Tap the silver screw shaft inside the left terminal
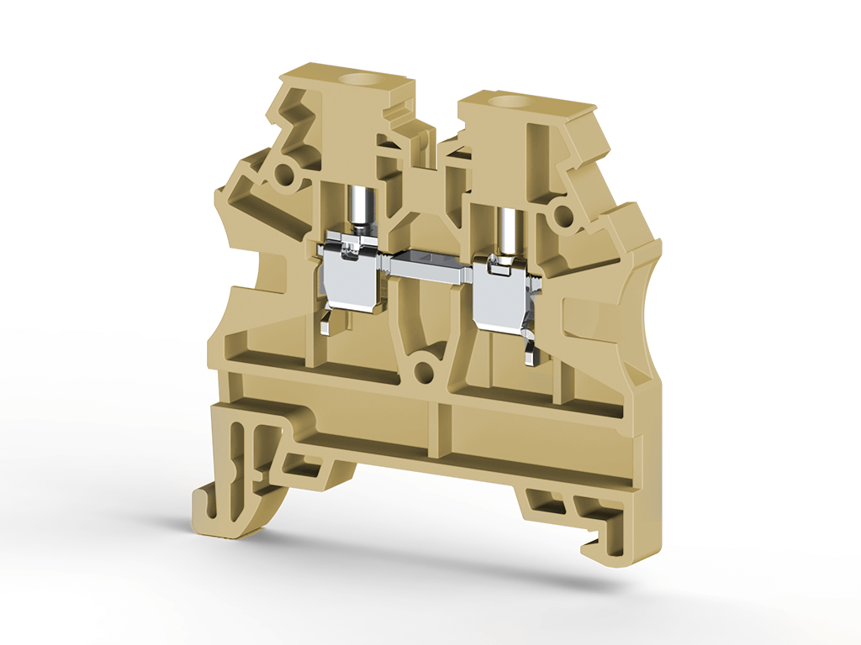point(359,209)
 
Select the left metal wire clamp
point(352,277)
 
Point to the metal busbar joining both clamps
point(428,266)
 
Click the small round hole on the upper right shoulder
point(562,218)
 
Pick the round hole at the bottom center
point(425,370)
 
